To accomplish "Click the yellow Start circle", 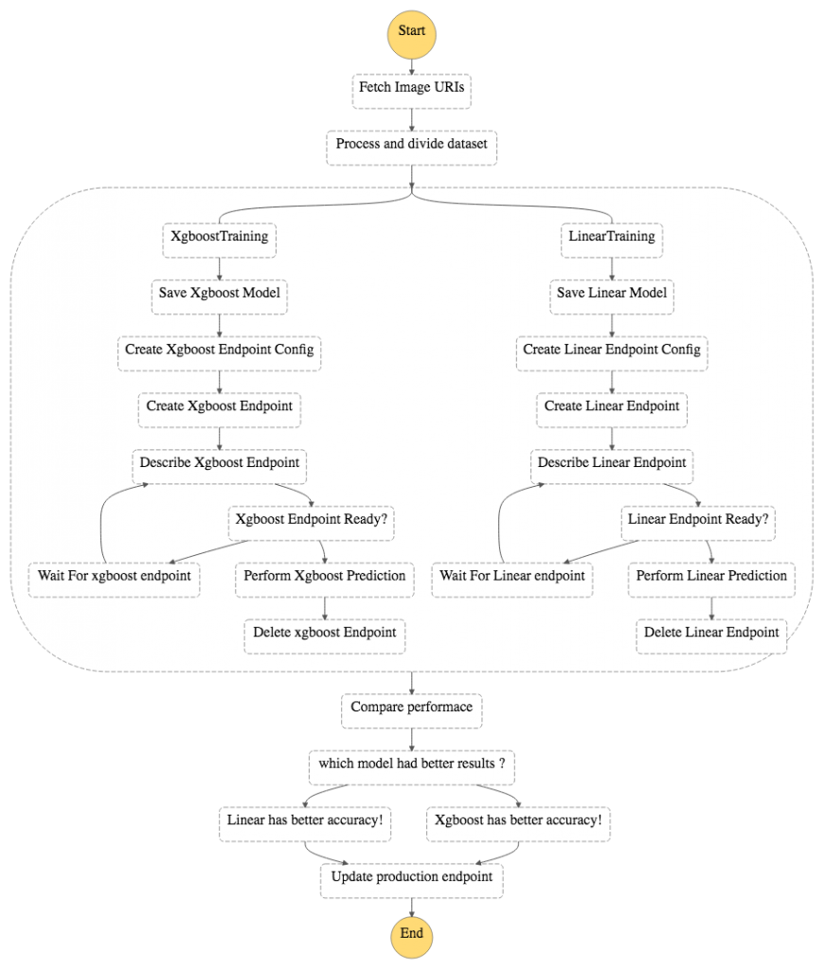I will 412,31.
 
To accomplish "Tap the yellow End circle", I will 412,933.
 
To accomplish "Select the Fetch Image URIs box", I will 412,89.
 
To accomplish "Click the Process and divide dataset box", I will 412,146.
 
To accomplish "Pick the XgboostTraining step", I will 219,237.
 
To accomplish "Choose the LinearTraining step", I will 612,237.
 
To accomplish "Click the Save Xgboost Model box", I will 219,294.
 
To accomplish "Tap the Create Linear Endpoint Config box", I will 612,350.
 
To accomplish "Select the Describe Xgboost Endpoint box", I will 219,463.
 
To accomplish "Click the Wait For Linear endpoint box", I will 512,576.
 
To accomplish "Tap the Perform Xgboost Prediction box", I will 325,576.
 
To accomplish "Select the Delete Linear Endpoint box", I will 711,633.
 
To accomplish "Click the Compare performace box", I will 412,708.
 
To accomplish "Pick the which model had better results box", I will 412,764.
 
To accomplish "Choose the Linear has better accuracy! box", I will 306,820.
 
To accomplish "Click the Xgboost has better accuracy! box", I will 517,820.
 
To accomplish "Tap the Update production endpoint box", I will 412,877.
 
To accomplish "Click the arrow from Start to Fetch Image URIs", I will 412,64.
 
